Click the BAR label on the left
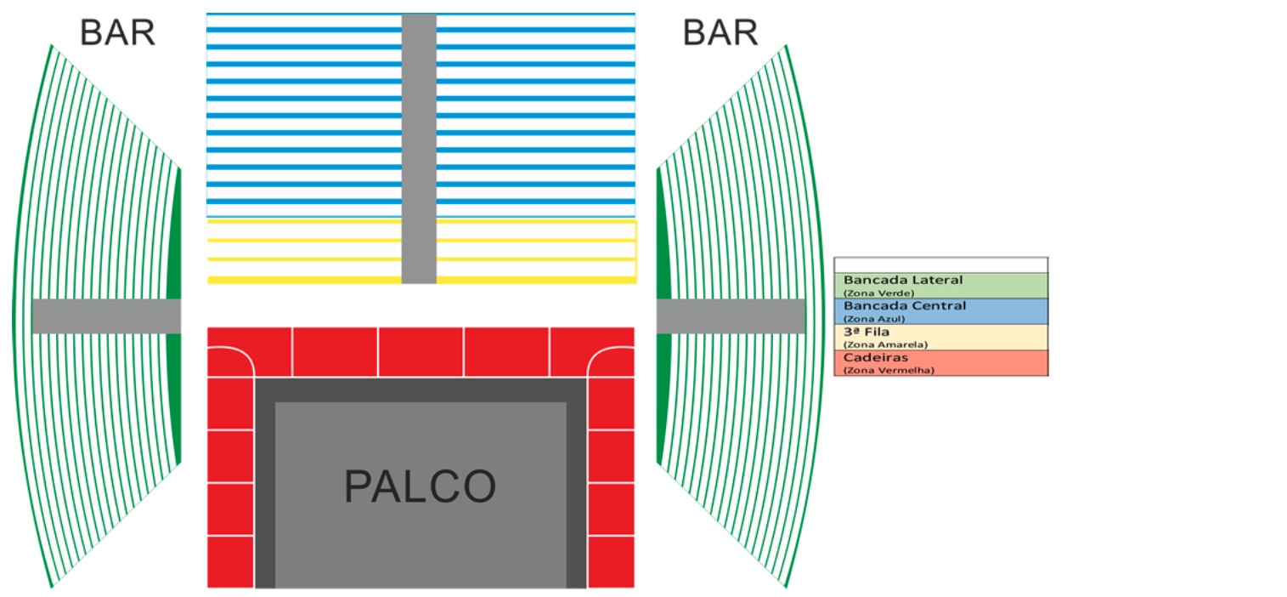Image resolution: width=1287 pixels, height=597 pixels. point(117,32)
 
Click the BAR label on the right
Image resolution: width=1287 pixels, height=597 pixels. point(720,32)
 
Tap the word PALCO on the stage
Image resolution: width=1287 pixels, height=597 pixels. point(420,486)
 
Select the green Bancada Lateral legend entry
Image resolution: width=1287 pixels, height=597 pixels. point(940,285)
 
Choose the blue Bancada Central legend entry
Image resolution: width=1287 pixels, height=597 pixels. point(940,310)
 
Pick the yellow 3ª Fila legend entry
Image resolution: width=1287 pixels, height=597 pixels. point(940,337)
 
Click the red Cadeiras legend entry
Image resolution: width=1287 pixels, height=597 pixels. point(940,362)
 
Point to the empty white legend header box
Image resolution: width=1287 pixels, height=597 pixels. point(940,264)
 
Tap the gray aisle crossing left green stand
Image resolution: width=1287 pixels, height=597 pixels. point(106,316)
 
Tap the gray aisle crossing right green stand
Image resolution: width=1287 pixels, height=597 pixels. point(731,316)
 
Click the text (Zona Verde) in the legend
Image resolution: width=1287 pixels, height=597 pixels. point(878,293)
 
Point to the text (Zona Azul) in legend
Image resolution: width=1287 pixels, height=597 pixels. point(874,318)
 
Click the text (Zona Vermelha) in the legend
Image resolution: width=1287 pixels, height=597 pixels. point(888,371)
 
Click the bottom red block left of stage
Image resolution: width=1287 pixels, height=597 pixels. point(230,561)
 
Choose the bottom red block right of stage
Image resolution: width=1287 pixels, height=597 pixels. point(611,561)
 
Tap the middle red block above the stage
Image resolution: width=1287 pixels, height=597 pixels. point(421,351)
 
